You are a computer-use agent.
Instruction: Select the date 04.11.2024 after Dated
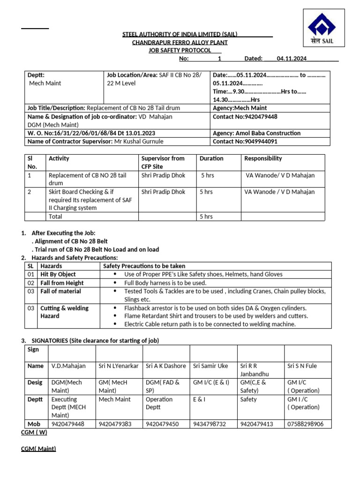pos(292,59)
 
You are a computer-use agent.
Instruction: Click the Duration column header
pos(211,158)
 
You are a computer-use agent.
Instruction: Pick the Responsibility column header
pos(263,158)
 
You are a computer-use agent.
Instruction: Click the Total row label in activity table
pos(55,217)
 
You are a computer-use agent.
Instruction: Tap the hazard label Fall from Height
pos(62,283)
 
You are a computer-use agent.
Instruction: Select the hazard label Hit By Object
pos(58,274)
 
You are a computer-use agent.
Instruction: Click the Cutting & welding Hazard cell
pos(64,312)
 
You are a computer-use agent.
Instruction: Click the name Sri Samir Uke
pos(210,366)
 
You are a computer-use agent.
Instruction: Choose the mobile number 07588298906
pos(305,424)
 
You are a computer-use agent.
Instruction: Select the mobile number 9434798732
pos(210,424)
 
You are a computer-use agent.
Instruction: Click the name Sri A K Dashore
pos(165,366)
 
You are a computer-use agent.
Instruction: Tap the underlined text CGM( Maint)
pos(38,449)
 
